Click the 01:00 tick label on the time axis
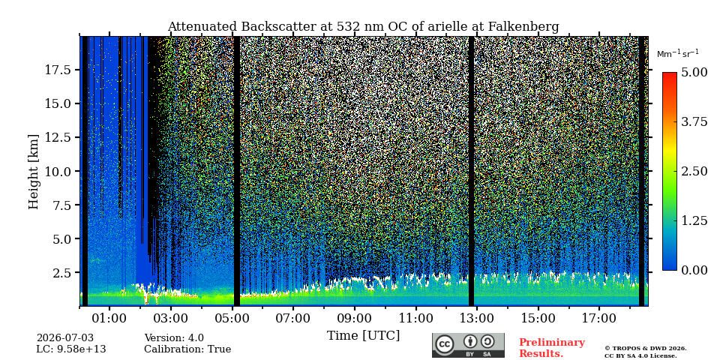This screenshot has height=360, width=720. pos(109,318)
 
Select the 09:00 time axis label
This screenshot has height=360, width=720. pos(355,318)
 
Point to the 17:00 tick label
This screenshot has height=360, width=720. pos(600,318)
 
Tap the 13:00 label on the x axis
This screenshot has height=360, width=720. pos(477,318)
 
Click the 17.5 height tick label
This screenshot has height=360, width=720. pos(58,70)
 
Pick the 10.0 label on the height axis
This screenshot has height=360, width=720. pos(58,171)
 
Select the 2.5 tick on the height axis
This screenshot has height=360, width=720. pos(62,273)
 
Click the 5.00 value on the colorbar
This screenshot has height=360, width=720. pos(694,73)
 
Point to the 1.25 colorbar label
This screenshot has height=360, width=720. pos(694,220)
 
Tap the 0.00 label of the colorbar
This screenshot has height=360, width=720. pos(694,271)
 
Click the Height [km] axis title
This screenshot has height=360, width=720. pos(34,172)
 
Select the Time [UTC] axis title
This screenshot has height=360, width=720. pos(363,336)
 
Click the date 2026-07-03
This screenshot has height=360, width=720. pos(64,338)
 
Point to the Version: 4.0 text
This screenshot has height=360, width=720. pos(174,338)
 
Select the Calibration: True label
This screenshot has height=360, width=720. pos(187,349)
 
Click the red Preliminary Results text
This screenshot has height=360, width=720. pos(552,348)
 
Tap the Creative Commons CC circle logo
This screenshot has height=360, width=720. pos(445,344)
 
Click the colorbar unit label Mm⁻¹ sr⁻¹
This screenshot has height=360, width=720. pos(678,53)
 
